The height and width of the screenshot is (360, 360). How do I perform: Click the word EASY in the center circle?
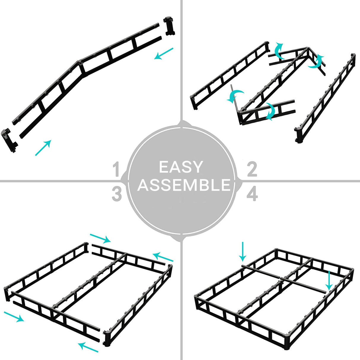point(181,167)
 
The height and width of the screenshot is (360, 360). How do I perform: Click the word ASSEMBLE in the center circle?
point(184,185)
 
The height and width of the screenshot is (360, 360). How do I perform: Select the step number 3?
point(117,194)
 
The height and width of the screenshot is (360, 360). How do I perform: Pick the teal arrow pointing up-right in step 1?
point(43,148)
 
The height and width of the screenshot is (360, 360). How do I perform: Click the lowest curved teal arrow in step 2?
point(270,111)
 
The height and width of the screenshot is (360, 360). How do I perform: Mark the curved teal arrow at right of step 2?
point(316,62)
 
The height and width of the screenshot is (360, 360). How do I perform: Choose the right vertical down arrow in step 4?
point(329,281)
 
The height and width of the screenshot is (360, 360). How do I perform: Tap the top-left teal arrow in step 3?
point(100,238)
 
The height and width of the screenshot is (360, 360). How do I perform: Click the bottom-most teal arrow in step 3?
point(88,347)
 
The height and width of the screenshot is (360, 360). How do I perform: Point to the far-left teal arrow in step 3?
point(14,317)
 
